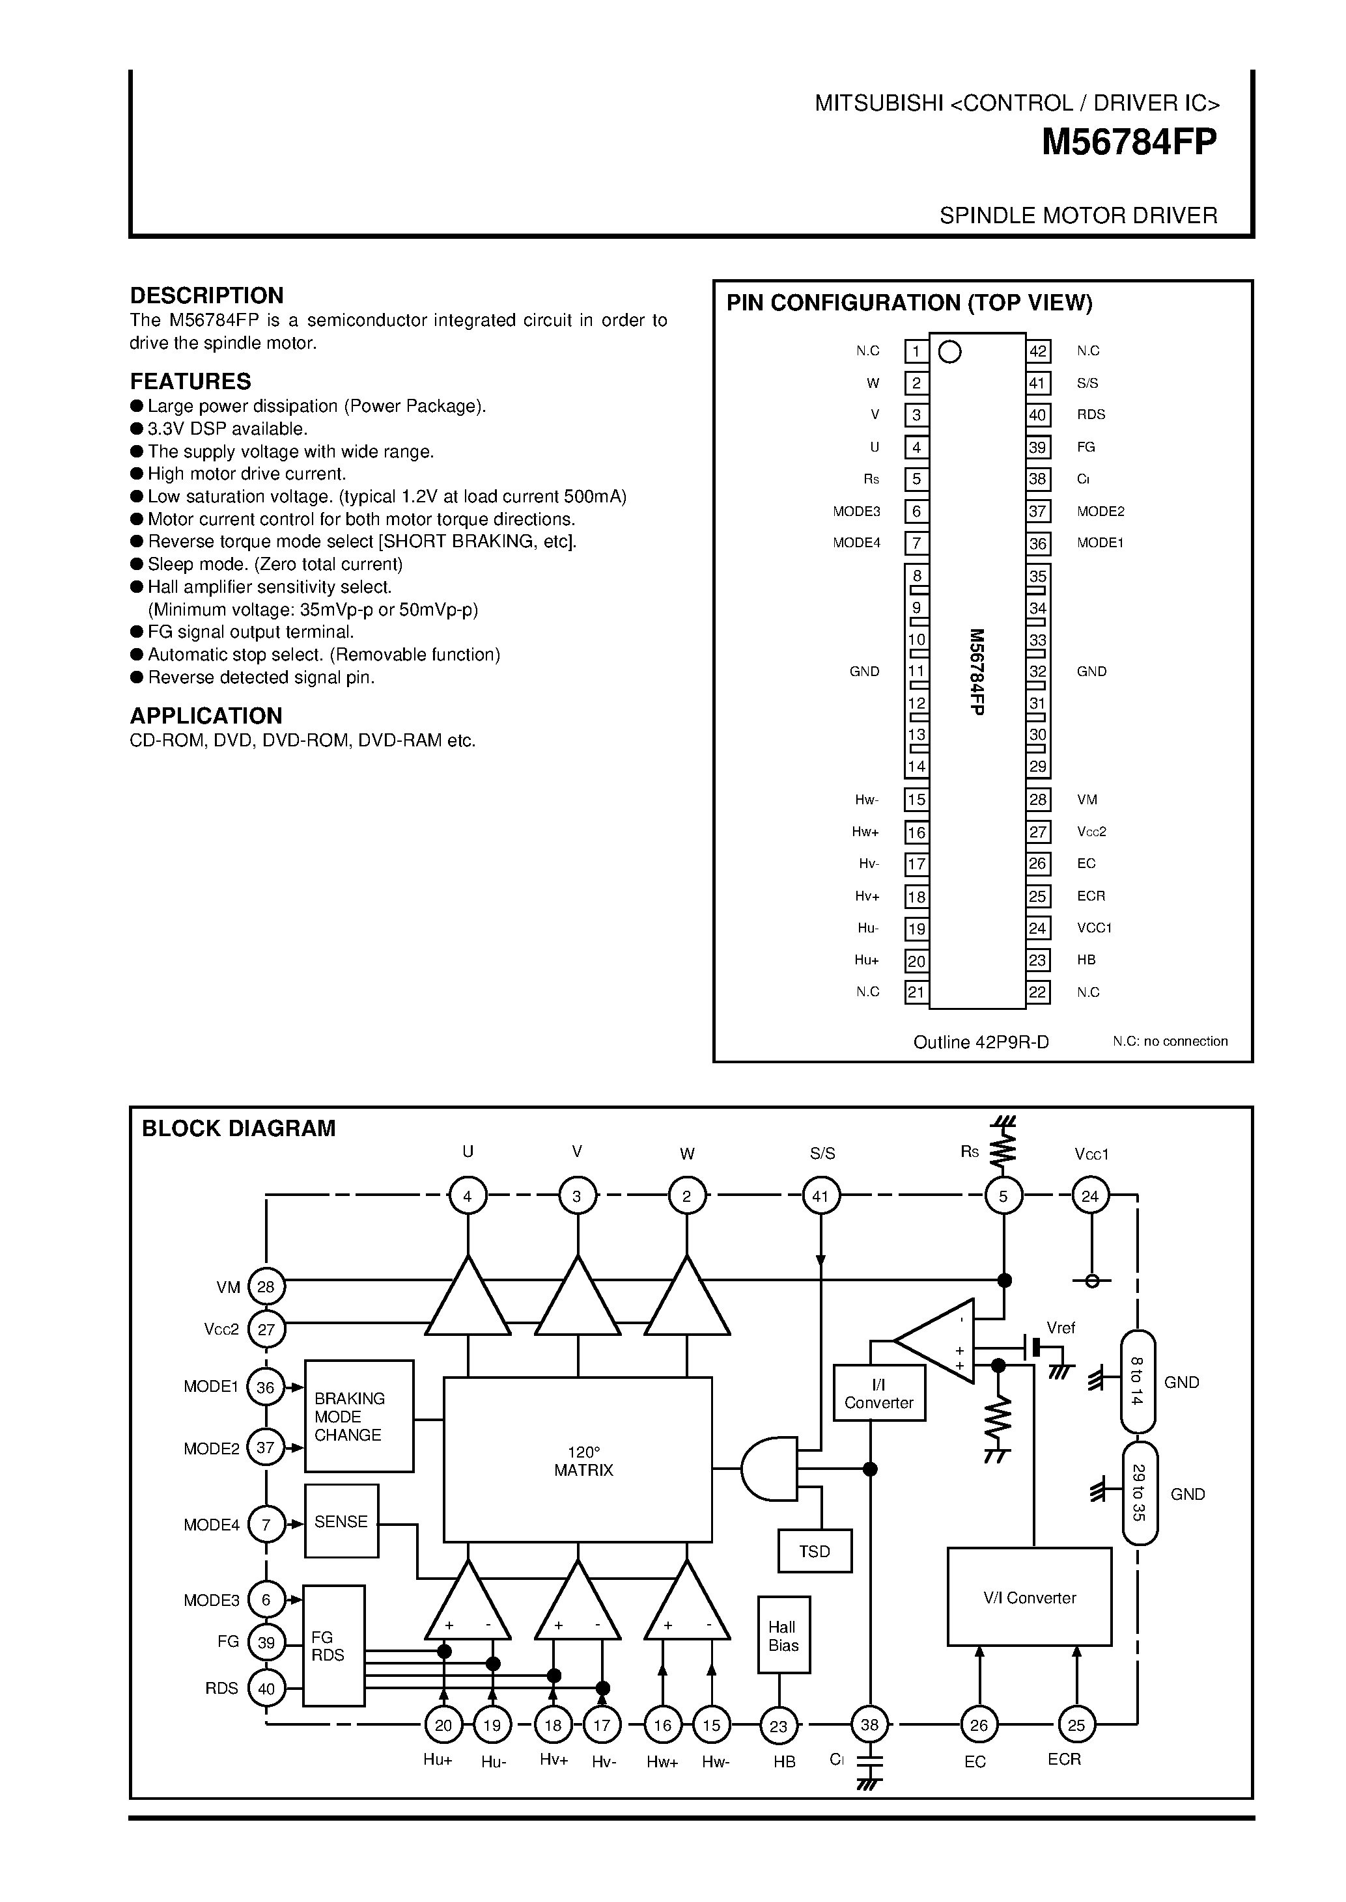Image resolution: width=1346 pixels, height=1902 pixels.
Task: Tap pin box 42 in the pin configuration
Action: pos(1038,351)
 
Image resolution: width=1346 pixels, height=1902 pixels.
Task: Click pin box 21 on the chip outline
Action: pos(916,992)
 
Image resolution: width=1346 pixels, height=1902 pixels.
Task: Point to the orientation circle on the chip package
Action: pos(950,352)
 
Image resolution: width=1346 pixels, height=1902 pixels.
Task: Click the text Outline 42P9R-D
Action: pos(981,1042)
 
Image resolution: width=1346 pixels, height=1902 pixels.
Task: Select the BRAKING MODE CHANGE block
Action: pos(359,1417)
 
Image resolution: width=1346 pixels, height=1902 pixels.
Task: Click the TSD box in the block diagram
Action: pos(815,1551)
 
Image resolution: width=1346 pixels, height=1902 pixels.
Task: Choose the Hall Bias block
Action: pos(783,1636)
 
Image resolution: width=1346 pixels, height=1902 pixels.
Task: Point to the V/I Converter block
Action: pos(1030,1598)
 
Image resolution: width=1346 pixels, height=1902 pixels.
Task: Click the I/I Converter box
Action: pos(878,1394)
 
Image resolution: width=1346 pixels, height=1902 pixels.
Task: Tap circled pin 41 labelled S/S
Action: pos(820,1196)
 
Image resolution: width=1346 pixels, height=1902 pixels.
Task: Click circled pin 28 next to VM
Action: pos(266,1286)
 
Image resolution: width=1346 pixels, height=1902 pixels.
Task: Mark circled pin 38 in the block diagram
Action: pos(869,1725)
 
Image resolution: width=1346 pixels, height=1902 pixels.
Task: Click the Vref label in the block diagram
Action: pos(1060,1328)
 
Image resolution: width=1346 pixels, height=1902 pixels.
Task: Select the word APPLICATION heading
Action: pos(206,716)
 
